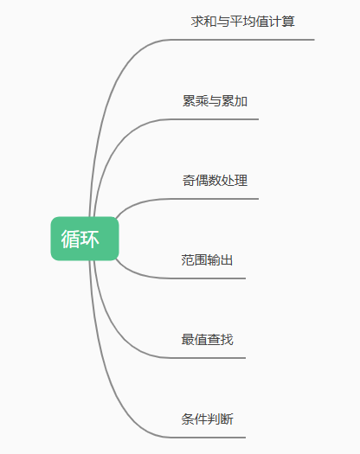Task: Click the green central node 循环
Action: coord(85,239)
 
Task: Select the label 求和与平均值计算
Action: coord(242,22)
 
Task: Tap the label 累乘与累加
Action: coord(215,101)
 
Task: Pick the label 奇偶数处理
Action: coord(215,181)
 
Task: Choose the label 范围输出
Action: coord(207,260)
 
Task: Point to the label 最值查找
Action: coord(207,339)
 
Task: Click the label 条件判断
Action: coord(207,419)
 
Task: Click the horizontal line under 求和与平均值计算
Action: coord(243,40)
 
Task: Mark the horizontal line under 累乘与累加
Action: coord(215,119)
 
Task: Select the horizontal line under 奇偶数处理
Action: coord(215,199)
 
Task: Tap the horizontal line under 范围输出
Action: coord(209,278)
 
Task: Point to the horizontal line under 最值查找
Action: coord(209,358)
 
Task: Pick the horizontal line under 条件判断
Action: coord(209,438)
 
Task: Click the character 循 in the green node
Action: coord(70,239)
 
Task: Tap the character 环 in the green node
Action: coord(89,239)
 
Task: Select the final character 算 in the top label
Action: coord(288,22)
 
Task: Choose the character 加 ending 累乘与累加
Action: coord(241,101)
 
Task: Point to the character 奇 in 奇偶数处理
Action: coord(189,181)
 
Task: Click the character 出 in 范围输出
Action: coord(227,260)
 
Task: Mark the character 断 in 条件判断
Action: coord(227,419)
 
